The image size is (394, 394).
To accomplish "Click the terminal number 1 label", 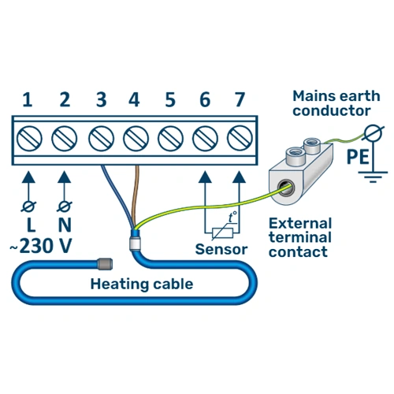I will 28,100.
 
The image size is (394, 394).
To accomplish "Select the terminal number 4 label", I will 133,100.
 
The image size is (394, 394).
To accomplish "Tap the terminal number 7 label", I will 239,100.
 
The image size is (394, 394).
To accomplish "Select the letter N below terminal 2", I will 64,226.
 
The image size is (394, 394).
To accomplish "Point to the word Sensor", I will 221,249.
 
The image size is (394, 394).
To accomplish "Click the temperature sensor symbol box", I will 223,231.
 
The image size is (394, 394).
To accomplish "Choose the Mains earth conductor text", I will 330,103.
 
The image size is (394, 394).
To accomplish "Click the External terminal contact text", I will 300,237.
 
